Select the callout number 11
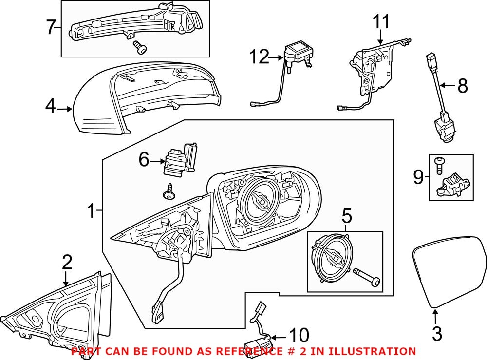[x=381, y=21]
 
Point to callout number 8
[x=462, y=86]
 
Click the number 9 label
[x=418, y=177]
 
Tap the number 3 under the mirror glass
[x=436, y=334]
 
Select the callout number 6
[x=143, y=160]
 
